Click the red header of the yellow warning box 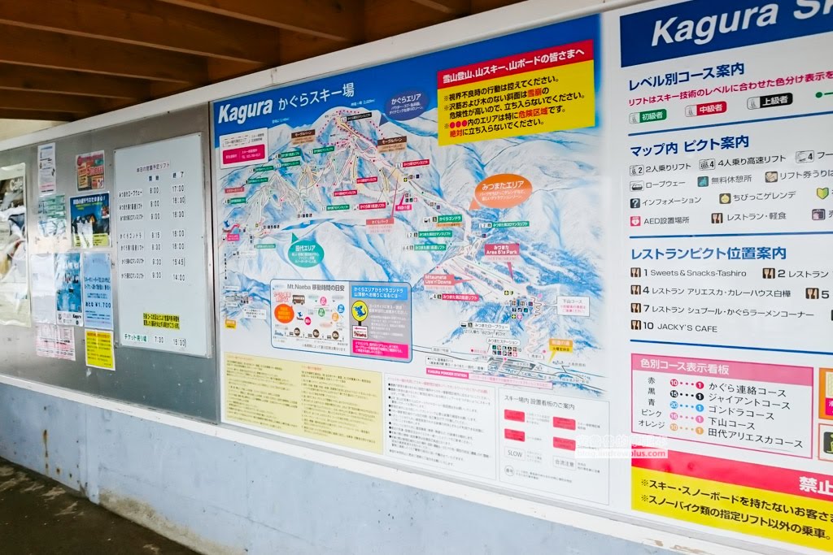[515, 66]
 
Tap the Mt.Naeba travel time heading [318, 288]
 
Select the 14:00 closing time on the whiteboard [177, 276]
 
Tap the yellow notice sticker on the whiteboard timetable [161, 321]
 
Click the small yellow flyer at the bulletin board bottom [99, 349]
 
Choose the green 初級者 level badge [648, 115]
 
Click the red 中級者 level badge [706, 108]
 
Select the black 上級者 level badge [770, 101]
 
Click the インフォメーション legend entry [666, 200]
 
